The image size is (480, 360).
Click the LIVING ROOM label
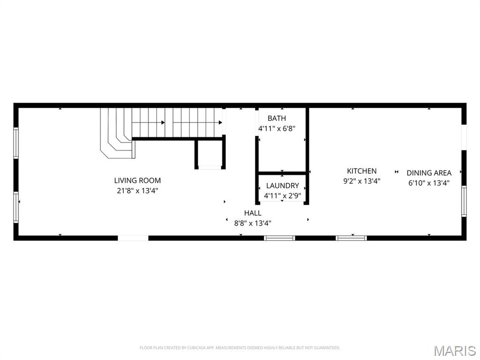click(x=137, y=180)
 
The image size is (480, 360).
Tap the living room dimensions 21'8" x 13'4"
click(x=137, y=191)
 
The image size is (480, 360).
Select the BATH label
click(x=277, y=118)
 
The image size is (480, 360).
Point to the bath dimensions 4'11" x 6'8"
click(x=277, y=128)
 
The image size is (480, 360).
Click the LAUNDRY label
click(x=282, y=186)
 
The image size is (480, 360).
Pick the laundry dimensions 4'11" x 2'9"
click(x=282, y=195)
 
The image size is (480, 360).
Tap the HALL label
click(x=253, y=213)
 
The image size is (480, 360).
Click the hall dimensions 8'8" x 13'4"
click(x=253, y=223)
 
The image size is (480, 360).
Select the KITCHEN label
click(x=361, y=171)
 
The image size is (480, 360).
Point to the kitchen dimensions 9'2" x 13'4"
click(x=361, y=181)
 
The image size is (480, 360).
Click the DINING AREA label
click(x=429, y=173)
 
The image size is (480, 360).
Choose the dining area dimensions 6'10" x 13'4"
click(x=429, y=183)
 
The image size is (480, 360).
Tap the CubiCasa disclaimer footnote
click(x=240, y=348)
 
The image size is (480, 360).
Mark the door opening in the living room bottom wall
click(x=133, y=238)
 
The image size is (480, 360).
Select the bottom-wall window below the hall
click(x=279, y=238)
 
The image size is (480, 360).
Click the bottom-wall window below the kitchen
click(x=351, y=238)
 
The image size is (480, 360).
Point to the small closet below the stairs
click(x=210, y=153)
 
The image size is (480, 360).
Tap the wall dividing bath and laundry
click(x=282, y=173)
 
